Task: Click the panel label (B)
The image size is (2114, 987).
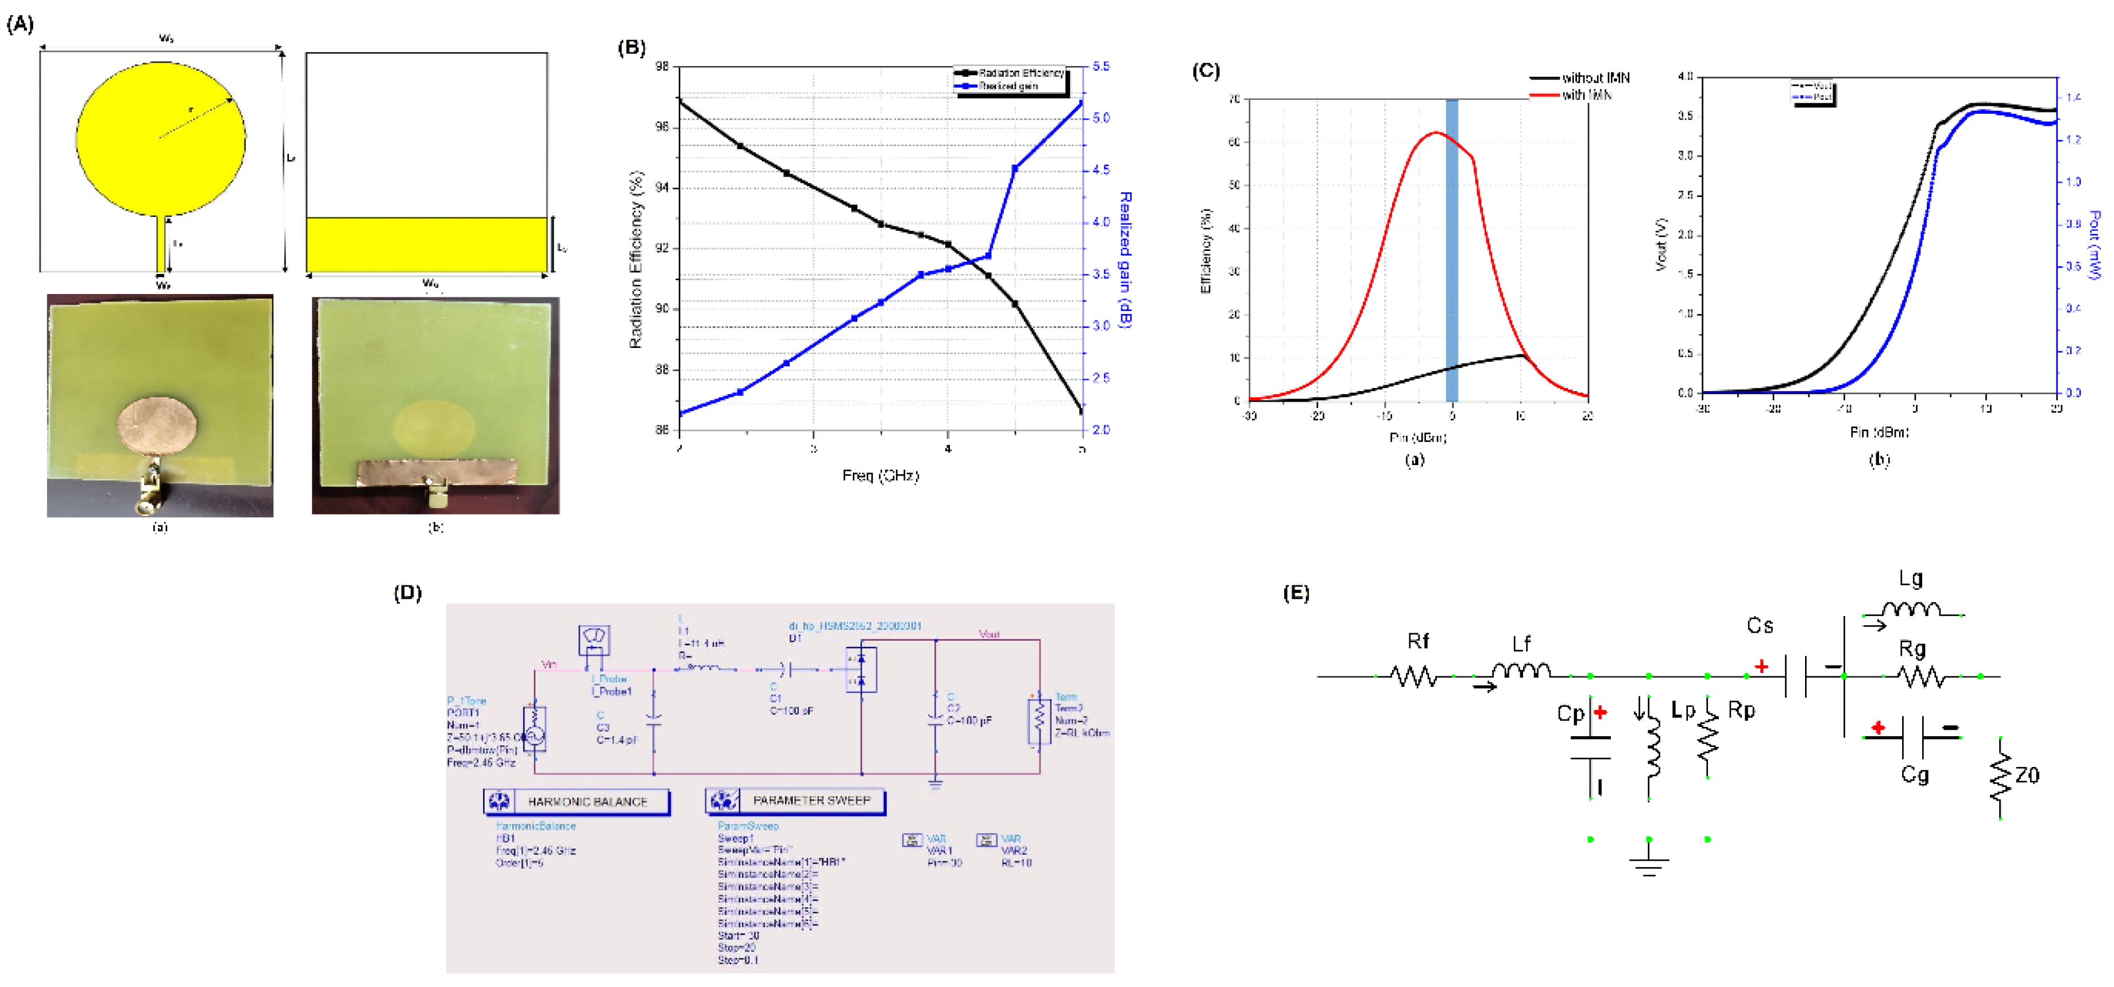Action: [x=631, y=48]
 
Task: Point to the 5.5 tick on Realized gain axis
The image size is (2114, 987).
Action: [x=1102, y=67]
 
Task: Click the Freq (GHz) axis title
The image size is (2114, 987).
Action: [x=880, y=476]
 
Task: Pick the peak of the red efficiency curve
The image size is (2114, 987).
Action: [x=1435, y=133]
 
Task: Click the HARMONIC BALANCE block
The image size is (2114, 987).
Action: [x=577, y=802]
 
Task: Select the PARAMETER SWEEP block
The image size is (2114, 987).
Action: [x=795, y=801]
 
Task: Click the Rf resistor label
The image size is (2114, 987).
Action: [x=1417, y=641]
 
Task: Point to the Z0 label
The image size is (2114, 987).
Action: [x=2027, y=775]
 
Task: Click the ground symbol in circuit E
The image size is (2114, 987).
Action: [x=1649, y=866]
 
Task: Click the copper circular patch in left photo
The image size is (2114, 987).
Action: [x=157, y=425]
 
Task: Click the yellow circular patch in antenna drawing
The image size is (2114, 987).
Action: [x=161, y=138]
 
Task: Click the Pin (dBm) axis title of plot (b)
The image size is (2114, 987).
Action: [x=1879, y=432]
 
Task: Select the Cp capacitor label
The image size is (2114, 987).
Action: [x=1570, y=714]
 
